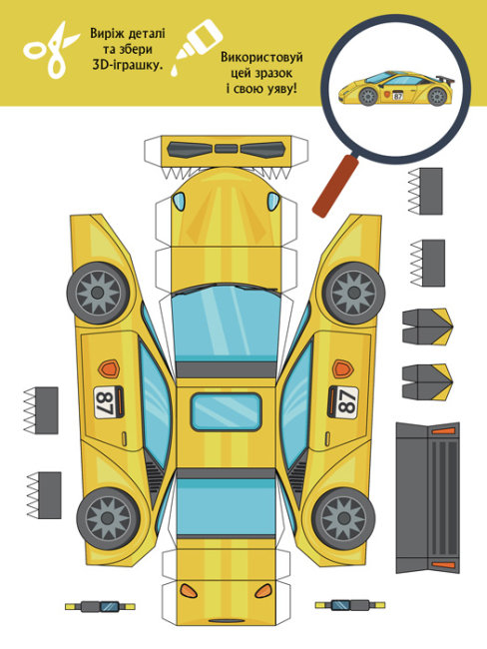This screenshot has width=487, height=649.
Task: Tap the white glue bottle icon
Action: pyautogui.click(x=197, y=47)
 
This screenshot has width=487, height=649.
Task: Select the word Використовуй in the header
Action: pyautogui.click(x=261, y=57)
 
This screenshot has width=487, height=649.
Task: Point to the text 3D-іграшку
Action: pyautogui.click(x=128, y=65)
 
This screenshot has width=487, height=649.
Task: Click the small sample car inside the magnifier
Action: pyautogui.click(x=396, y=89)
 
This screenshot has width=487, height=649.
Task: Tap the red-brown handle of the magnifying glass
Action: pyautogui.click(x=335, y=186)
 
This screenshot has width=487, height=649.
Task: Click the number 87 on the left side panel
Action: pyautogui.click(x=104, y=402)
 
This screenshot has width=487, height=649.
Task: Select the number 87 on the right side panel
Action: pyautogui.click(x=346, y=402)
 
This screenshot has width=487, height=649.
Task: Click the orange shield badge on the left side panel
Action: pyautogui.click(x=109, y=368)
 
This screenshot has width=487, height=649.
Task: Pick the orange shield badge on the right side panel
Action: pyautogui.click(x=342, y=368)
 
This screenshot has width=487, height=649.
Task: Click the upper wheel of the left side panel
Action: pyautogui.click(x=98, y=293)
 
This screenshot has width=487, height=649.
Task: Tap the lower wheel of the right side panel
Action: pyautogui.click(x=344, y=518)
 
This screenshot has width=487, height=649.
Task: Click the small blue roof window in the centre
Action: pyautogui.click(x=227, y=411)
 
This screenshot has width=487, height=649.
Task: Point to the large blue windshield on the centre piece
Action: pyautogui.click(x=226, y=323)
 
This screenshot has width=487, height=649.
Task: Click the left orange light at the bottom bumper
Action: pyautogui.click(x=189, y=591)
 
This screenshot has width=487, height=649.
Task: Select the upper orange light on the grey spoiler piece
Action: pyautogui.click(x=443, y=431)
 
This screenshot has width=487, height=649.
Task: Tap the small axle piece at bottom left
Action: pyautogui.click(x=100, y=606)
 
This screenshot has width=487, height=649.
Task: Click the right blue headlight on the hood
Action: pyautogui.click(x=273, y=201)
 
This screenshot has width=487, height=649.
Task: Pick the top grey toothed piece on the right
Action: pyautogui.click(x=426, y=191)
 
